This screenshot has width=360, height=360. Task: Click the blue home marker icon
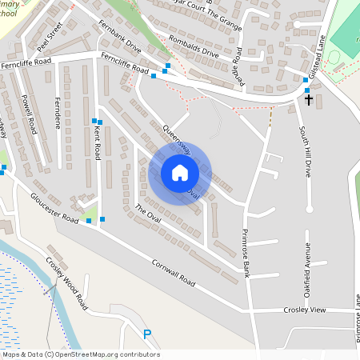pyautogui.click(x=180, y=173)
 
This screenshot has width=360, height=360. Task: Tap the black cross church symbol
pyautogui.click(x=309, y=99)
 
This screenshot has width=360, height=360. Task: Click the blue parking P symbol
pyautogui.click(x=146, y=334)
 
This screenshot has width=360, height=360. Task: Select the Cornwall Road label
pyautogui.click(x=173, y=273)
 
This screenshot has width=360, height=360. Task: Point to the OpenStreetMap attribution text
pyautogui.click(x=80, y=354)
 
